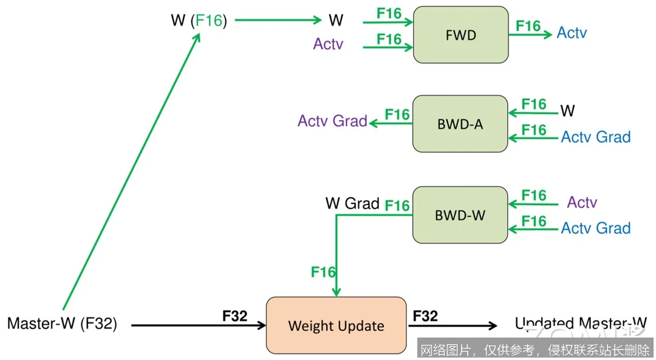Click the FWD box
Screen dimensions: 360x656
[x=460, y=35]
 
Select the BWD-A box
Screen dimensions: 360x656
[x=460, y=124]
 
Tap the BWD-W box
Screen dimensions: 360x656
[x=460, y=215]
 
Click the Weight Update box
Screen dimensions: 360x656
[x=336, y=325]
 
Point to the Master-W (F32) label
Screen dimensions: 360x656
[x=62, y=324]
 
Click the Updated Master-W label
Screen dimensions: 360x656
[x=581, y=324]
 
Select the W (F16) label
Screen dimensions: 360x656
[x=199, y=21]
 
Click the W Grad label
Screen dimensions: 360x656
[x=352, y=203]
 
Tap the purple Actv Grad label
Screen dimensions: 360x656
[x=332, y=121]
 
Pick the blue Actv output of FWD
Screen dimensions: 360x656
[x=572, y=33]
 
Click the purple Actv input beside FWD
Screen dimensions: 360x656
[x=328, y=44]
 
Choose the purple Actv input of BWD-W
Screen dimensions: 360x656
[x=582, y=202]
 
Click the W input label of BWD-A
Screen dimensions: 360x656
[x=567, y=110]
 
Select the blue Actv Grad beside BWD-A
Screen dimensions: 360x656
[x=595, y=137]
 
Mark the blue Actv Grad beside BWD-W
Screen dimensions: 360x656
[x=595, y=228]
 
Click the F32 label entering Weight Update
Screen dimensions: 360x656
[x=235, y=316]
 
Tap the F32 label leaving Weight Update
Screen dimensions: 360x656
[x=425, y=316]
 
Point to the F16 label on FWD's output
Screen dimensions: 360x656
[x=528, y=26]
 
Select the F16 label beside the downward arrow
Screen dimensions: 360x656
[x=323, y=272]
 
